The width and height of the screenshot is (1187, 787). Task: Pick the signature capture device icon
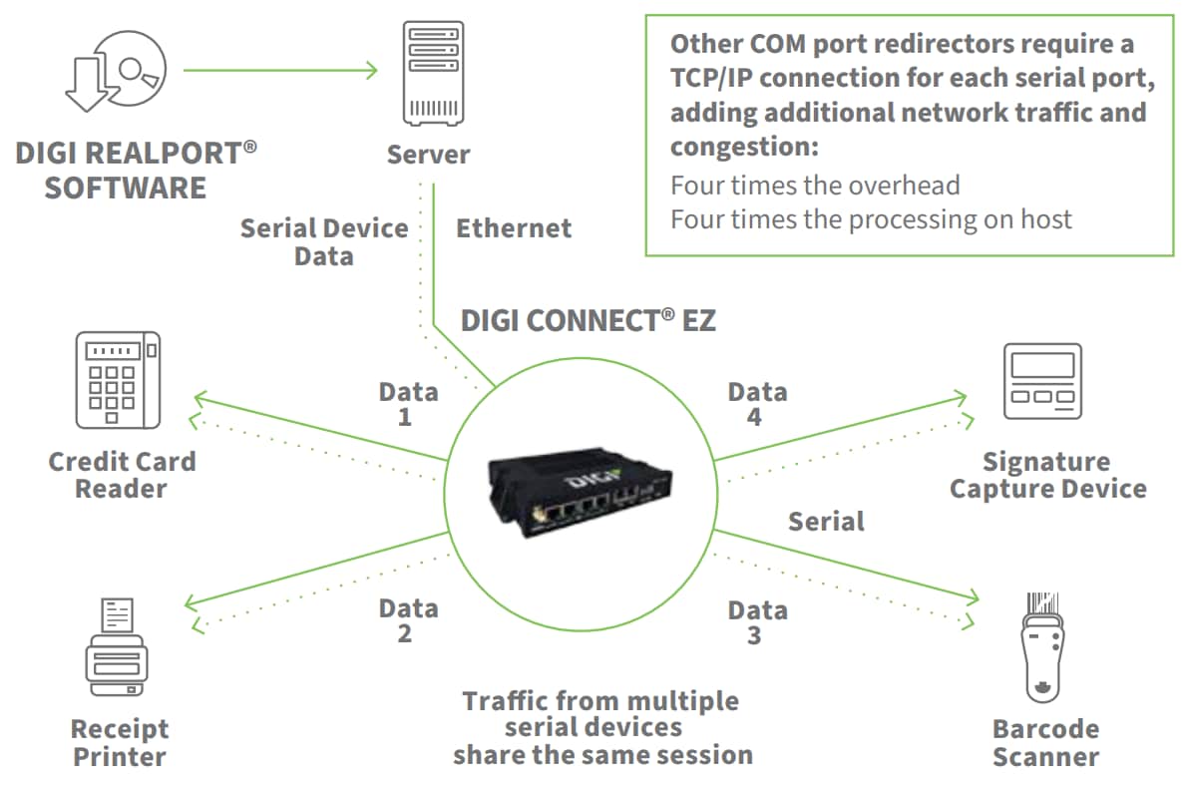[x=1042, y=381]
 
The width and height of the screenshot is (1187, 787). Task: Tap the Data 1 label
[x=407, y=404]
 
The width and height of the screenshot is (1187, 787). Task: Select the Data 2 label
[x=407, y=620]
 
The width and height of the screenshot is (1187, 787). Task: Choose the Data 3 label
[x=756, y=622]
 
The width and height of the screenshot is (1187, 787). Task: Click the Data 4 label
[x=756, y=404]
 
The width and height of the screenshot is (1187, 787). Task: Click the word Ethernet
[x=514, y=228]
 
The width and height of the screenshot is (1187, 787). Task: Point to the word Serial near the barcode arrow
[x=826, y=521]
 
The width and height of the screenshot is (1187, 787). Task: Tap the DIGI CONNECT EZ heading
[x=588, y=320]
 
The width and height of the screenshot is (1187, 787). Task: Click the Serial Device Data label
[x=324, y=242]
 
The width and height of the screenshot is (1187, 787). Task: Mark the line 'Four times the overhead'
[x=815, y=186]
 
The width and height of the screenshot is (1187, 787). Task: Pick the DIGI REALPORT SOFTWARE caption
[x=136, y=171]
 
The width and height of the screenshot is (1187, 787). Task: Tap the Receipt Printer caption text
[x=120, y=742]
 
